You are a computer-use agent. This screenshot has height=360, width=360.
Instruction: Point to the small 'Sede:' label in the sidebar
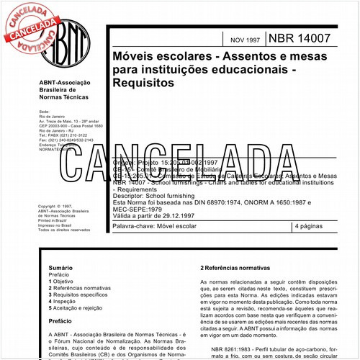pyautogui.click(x=44, y=112)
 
